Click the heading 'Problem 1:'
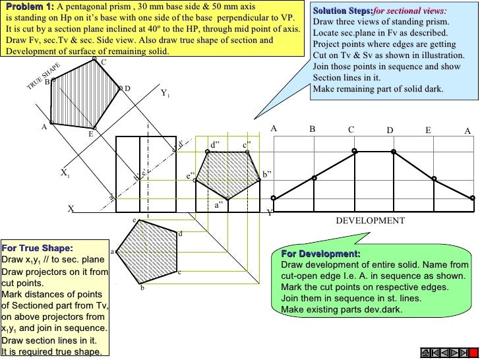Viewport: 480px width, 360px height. (x=29, y=7)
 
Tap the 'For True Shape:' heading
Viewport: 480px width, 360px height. (x=37, y=249)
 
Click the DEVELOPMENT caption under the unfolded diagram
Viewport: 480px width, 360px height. (x=371, y=220)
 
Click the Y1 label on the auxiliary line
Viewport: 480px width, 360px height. (x=165, y=94)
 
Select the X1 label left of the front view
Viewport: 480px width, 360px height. (x=65, y=173)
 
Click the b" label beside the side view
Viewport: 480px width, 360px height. (x=267, y=174)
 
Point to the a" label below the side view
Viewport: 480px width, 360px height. (x=220, y=205)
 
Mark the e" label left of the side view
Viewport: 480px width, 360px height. (x=190, y=177)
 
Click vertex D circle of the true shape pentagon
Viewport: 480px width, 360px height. (x=121, y=88)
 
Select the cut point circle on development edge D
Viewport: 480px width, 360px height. (x=394, y=151)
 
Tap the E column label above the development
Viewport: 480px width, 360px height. (x=428, y=131)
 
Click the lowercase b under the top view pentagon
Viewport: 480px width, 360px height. (x=141, y=287)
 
